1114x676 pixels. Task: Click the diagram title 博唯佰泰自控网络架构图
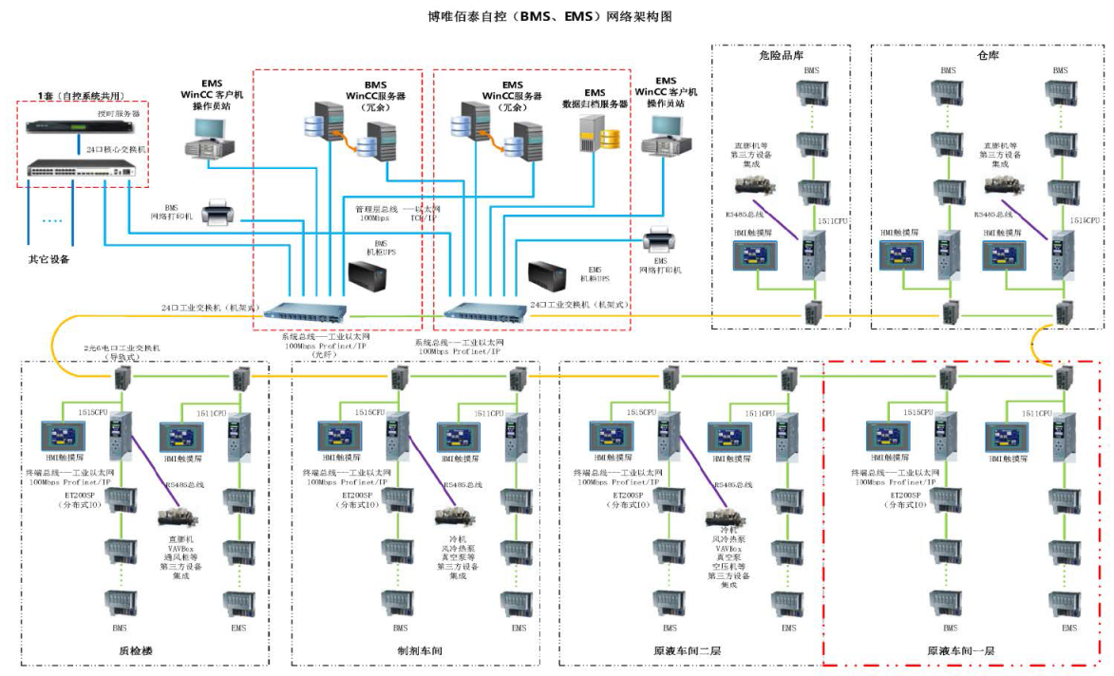(x=556, y=16)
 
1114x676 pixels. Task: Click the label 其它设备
(x=47, y=259)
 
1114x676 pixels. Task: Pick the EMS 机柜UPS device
(x=548, y=277)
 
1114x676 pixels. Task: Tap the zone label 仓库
(x=987, y=55)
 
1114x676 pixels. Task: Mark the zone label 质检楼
(x=139, y=650)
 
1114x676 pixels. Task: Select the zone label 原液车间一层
(x=960, y=650)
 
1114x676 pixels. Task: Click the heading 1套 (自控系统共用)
(x=81, y=96)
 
